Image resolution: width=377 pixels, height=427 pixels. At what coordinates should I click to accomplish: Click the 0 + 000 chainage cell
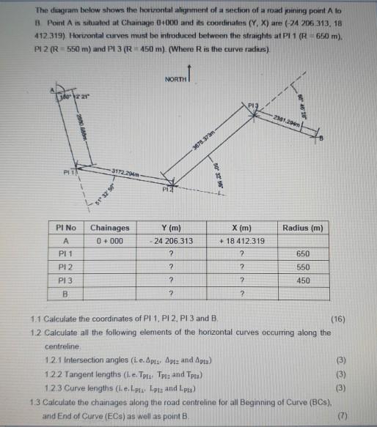[x=110, y=240]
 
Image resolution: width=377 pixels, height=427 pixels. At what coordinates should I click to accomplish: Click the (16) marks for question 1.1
[x=337, y=321]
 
